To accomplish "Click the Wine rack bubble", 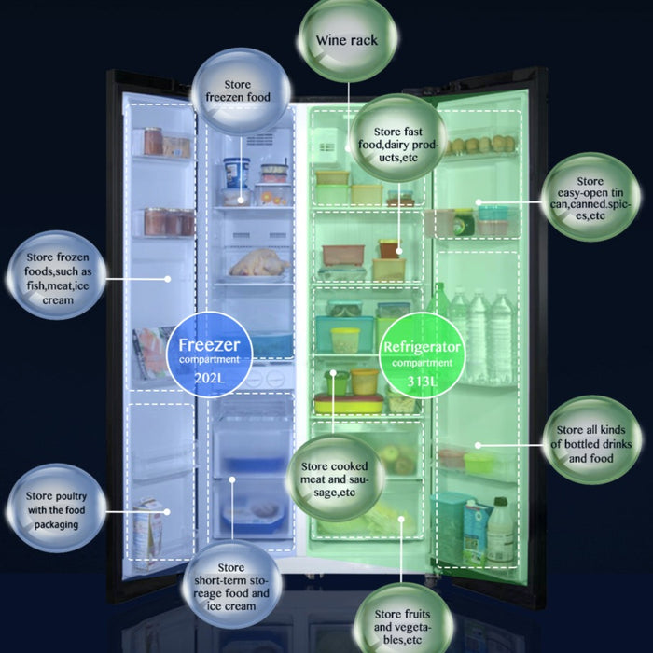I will (346, 40).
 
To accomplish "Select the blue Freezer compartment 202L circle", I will (209, 353).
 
